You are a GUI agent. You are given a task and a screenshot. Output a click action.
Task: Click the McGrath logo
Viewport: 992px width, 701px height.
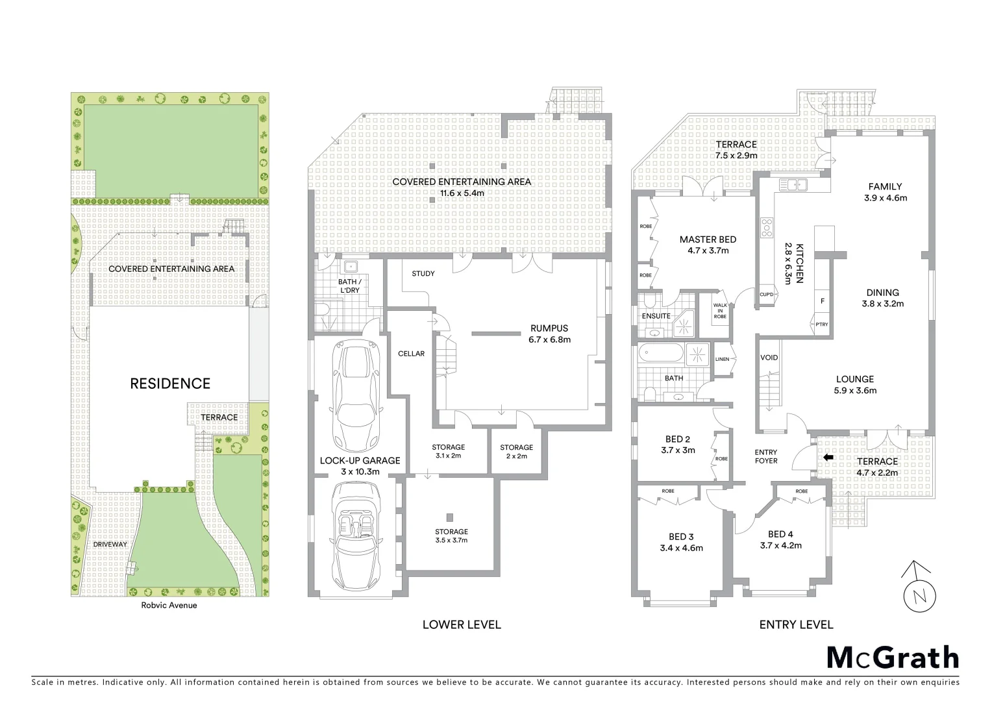click(x=892, y=658)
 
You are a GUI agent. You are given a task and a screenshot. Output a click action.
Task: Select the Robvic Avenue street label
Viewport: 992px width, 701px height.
click(x=169, y=606)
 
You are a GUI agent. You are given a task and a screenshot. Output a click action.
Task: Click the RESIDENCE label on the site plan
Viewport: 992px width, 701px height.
click(x=170, y=384)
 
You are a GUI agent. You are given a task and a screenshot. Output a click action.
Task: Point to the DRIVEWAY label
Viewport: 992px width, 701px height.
click(x=110, y=544)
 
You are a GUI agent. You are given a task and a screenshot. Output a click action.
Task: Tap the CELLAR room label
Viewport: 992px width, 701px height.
click(x=411, y=354)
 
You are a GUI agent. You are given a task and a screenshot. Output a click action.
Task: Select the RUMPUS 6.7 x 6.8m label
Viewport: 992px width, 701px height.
click(x=549, y=334)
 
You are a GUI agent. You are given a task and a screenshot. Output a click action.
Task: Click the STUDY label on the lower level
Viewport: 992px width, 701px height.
click(x=423, y=274)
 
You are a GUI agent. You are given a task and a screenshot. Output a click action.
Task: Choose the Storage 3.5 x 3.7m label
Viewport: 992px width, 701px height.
click(x=451, y=535)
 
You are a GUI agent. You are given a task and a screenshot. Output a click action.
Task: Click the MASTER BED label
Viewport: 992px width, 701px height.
click(x=708, y=245)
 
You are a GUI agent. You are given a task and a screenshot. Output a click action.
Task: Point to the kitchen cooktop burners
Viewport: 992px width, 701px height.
click(x=767, y=228)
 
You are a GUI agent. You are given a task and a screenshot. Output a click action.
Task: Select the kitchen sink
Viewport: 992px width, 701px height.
click(x=793, y=185)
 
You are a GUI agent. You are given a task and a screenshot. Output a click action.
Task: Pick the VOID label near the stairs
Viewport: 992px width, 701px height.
click(x=769, y=358)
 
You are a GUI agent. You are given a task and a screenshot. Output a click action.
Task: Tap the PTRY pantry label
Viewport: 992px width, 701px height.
click(x=822, y=325)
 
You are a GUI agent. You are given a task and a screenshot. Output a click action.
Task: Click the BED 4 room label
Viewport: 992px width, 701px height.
click(x=780, y=540)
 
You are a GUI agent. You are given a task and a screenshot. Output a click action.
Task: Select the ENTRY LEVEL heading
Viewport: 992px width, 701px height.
click(x=796, y=624)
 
